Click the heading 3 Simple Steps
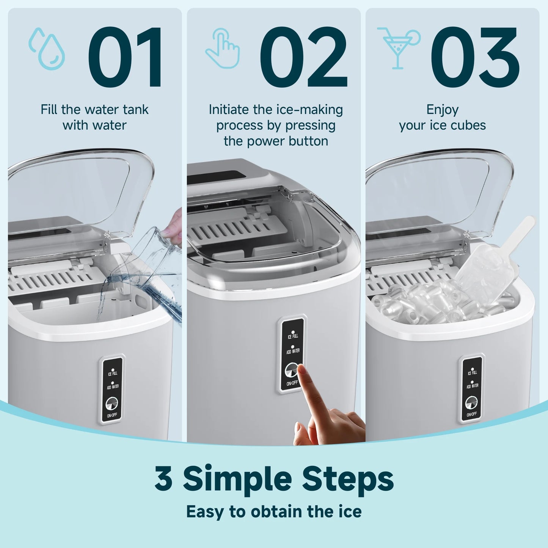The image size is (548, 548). [x=274, y=479]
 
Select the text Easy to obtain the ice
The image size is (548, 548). [x=274, y=512]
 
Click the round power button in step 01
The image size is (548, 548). [x=111, y=404]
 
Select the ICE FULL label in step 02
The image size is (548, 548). [x=293, y=336]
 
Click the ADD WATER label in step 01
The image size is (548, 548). [x=113, y=387]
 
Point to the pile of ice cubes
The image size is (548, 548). [x=436, y=303]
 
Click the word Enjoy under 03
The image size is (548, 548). [x=442, y=110]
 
